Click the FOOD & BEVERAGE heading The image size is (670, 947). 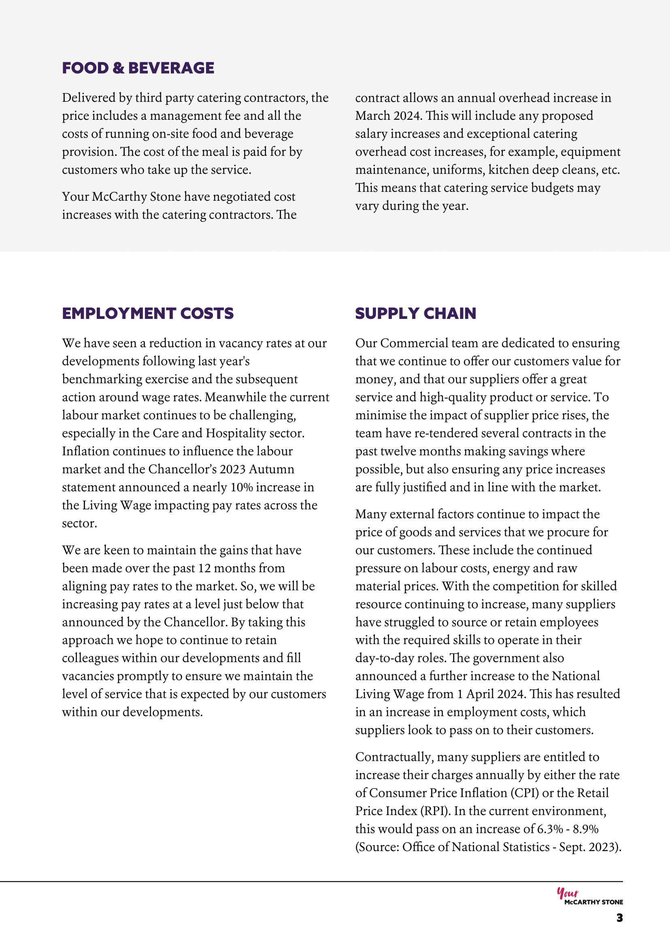138,68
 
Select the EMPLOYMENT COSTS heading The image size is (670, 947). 148,314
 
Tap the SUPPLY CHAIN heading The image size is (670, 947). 415,314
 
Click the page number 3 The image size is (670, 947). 619,918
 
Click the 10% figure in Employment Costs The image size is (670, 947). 241,488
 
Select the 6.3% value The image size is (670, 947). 550,829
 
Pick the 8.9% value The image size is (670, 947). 585,829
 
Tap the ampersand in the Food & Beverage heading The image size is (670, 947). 118,68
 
